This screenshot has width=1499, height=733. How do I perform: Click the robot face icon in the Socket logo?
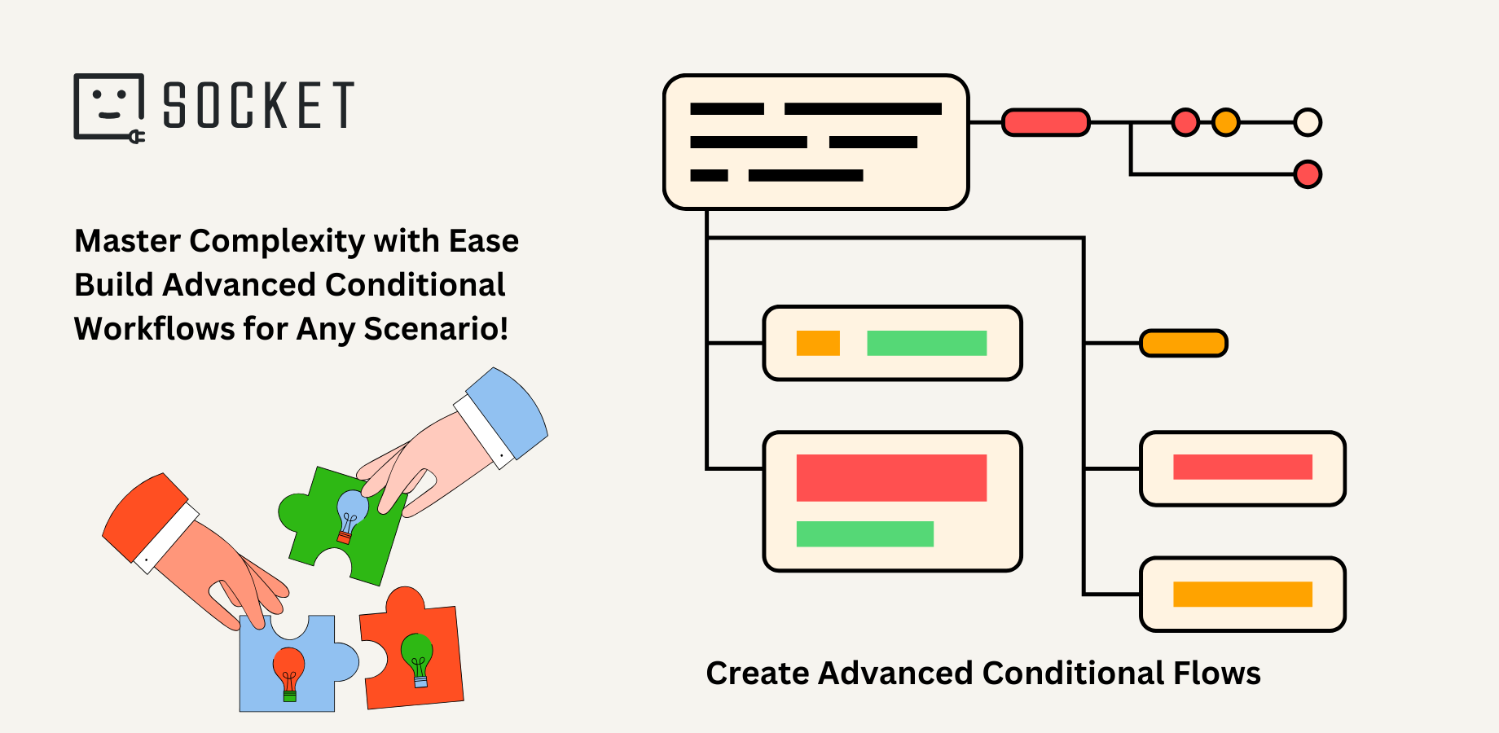109,106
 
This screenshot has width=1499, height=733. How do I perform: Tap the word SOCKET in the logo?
258,106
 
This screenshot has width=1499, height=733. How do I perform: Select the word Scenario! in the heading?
436,329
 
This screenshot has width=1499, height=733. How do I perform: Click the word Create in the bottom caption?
757,674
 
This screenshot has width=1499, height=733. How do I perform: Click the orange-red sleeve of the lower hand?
143,513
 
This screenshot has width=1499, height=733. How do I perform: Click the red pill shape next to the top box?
1045,123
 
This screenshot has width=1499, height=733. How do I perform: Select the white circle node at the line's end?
1308,122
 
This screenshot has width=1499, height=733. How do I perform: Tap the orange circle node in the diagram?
1225,122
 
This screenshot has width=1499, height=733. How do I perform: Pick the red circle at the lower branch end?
1308,174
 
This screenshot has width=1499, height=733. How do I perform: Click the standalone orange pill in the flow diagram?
1183,344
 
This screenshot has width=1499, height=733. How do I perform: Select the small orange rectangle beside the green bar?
818,344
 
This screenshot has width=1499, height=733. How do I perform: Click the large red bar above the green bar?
891,478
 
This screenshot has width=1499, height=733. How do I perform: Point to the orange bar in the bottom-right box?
1242,595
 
